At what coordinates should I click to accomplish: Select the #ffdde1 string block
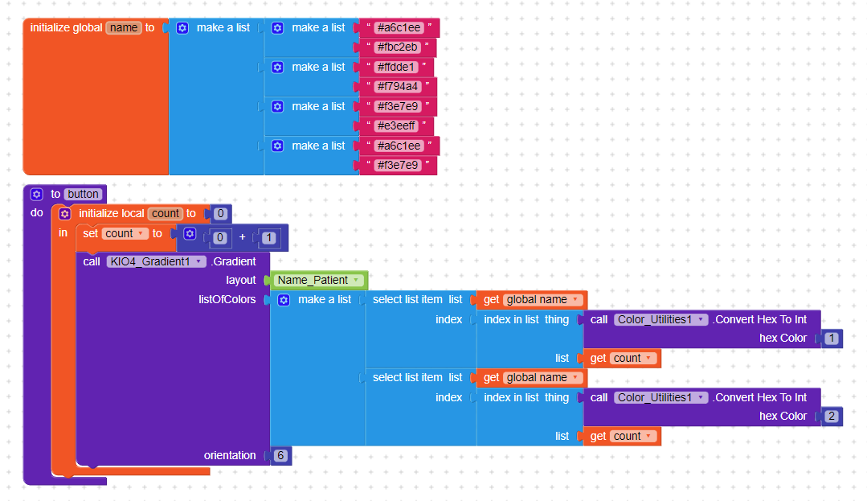(397, 67)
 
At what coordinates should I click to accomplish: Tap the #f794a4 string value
(397, 86)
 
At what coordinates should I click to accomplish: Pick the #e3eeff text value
(397, 125)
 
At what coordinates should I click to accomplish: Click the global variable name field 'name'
(123, 27)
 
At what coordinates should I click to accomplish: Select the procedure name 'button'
(84, 194)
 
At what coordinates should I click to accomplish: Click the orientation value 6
(281, 455)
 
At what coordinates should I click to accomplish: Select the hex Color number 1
(831, 339)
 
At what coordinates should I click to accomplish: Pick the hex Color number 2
(831, 417)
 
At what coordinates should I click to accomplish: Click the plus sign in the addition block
(242, 237)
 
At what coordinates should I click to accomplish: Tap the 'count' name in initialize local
(166, 213)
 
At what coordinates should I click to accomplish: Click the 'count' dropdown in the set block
(125, 233)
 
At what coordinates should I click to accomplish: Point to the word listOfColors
(227, 299)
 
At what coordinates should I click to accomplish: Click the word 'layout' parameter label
(241, 280)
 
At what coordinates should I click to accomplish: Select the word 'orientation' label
(230, 455)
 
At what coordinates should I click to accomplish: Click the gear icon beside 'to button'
(36, 194)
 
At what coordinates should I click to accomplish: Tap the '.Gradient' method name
(234, 261)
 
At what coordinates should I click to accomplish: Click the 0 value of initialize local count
(220, 214)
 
